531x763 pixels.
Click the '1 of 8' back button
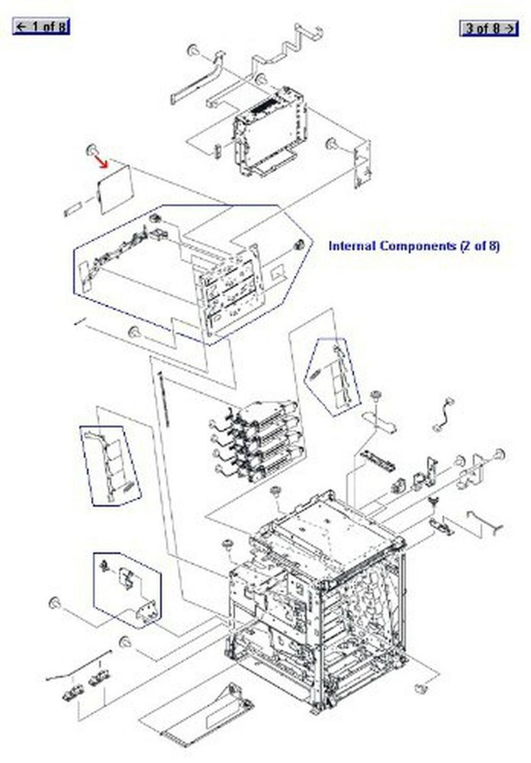point(41,27)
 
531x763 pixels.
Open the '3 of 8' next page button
point(488,28)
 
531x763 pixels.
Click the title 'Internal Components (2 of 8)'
point(414,246)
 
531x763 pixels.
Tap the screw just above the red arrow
point(91,148)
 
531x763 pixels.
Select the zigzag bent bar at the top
point(294,42)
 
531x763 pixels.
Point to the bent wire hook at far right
point(486,522)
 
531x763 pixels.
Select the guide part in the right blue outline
point(333,375)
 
